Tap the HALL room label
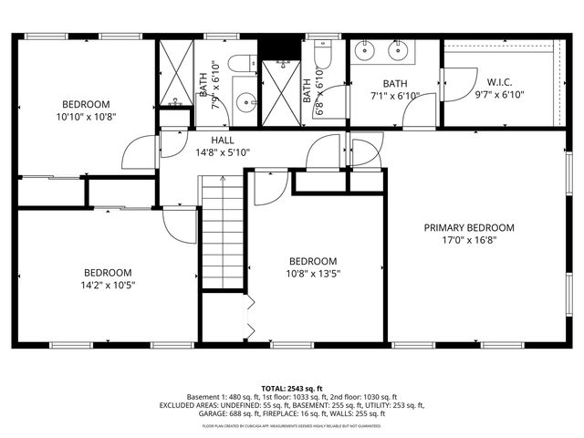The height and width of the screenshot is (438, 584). tap(223, 140)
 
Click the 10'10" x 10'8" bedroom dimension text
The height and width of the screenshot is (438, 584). tap(86, 118)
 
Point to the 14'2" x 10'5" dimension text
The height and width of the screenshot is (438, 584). tap(108, 286)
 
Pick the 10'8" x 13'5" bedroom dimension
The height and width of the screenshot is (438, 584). tap(313, 274)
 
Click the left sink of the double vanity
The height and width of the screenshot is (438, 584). tap(367, 51)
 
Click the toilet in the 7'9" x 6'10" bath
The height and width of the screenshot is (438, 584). tap(241, 64)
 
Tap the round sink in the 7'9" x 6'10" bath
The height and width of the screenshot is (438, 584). tap(244, 101)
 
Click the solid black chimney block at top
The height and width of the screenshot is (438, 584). tap(279, 46)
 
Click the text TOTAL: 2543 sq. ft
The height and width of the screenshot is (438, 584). tap(292, 389)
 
